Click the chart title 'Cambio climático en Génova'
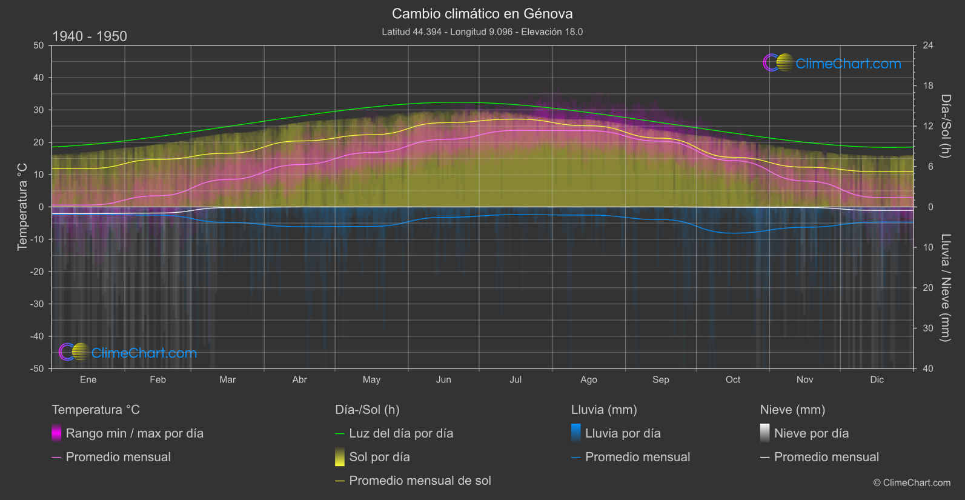pyautogui.click(x=482, y=13)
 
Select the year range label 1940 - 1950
pyautogui.click(x=90, y=36)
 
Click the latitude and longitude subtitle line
pyautogui.click(x=482, y=32)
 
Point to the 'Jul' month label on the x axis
pyautogui.click(x=516, y=379)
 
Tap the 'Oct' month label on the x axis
pyautogui.click(x=733, y=379)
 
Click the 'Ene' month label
pyautogui.click(x=88, y=379)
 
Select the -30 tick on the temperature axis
pyautogui.click(x=38, y=304)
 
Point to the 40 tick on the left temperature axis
pyautogui.click(x=39, y=78)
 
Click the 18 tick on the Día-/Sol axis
pyautogui.click(x=928, y=85)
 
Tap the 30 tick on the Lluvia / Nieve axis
pyautogui.click(x=928, y=328)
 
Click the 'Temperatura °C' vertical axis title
pyautogui.click(x=22, y=206)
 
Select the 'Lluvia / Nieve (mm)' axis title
pyautogui.click(x=946, y=287)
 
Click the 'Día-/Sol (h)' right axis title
pyautogui.click(x=946, y=125)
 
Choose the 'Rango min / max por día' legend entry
pyautogui.click(x=134, y=433)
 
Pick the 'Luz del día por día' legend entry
pyautogui.click(x=401, y=433)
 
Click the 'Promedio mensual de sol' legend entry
pyautogui.click(x=420, y=481)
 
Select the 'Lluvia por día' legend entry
pyautogui.click(x=623, y=433)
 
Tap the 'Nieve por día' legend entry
pyautogui.click(x=811, y=433)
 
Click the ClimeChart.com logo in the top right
pyautogui.click(x=832, y=63)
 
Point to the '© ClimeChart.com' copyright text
pyautogui.click(x=912, y=482)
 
